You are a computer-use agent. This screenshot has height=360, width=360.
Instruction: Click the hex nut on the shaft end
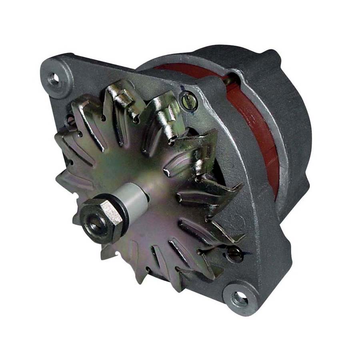point(101,218)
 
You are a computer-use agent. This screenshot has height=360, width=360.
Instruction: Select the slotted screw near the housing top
point(188,100)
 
